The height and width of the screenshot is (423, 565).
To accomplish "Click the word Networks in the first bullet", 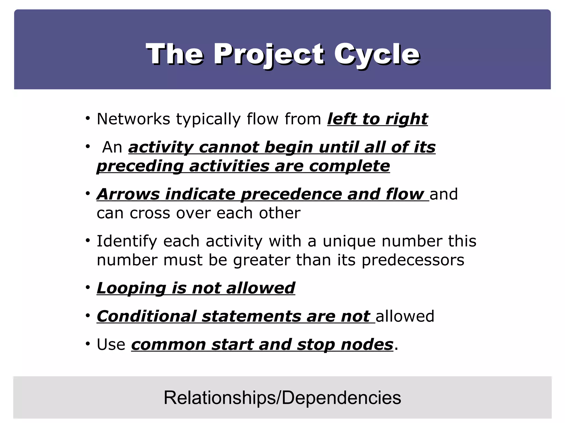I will [x=133, y=119].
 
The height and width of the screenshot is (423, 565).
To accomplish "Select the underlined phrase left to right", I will [x=377, y=119].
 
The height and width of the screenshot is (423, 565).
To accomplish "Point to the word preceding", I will [x=140, y=166].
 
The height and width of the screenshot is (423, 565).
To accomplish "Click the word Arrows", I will [x=128, y=194].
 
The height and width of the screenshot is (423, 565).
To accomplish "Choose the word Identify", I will [x=127, y=241].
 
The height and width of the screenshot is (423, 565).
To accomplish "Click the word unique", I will [x=349, y=241].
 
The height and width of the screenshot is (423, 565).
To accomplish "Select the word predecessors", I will [x=413, y=260].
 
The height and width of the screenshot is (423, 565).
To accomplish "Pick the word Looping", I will [x=131, y=288].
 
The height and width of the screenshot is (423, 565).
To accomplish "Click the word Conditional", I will [x=146, y=316].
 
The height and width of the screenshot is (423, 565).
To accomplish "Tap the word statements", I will [x=251, y=316].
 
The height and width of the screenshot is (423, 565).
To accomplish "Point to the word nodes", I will [x=367, y=345].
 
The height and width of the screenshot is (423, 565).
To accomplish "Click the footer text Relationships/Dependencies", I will [x=282, y=398].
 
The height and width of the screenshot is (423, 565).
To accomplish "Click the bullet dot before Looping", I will [x=88, y=288].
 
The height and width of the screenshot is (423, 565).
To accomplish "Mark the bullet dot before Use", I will [x=88, y=344].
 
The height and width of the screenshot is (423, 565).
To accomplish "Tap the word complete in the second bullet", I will [x=349, y=166].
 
